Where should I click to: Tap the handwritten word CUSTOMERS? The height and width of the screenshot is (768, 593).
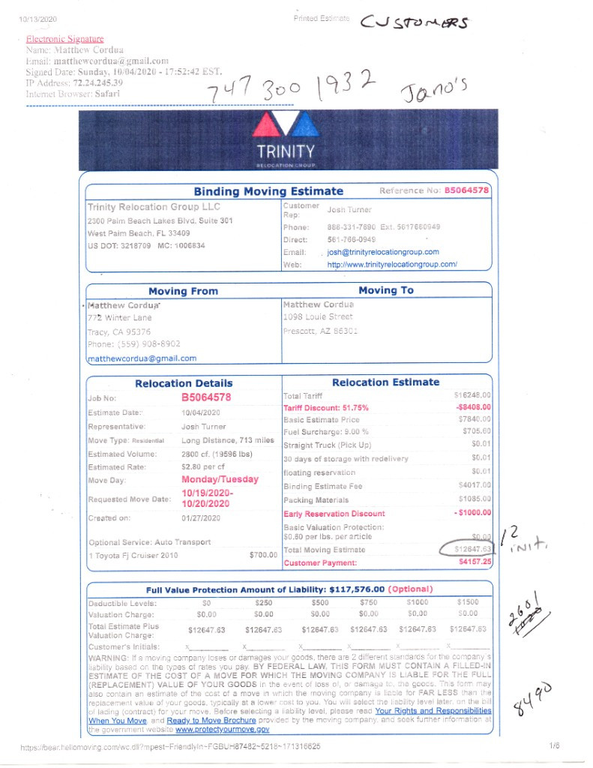click(x=415, y=24)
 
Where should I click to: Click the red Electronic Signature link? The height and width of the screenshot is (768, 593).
click(x=64, y=39)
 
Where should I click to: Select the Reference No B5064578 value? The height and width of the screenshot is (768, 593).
click(x=467, y=190)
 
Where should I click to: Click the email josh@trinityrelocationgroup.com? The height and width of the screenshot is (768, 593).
click(x=383, y=252)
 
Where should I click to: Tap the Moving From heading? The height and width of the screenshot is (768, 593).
click(x=183, y=291)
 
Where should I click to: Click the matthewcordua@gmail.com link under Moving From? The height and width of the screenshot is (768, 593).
click(x=142, y=358)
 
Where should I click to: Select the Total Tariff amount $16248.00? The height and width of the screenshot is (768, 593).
click(x=472, y=394)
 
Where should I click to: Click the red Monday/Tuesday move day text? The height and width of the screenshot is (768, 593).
click(x=220, y=479)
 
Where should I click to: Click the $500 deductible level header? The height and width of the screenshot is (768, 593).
click(x=321, y=601)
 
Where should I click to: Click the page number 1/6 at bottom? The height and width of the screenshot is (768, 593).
click(x=554, y=746)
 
